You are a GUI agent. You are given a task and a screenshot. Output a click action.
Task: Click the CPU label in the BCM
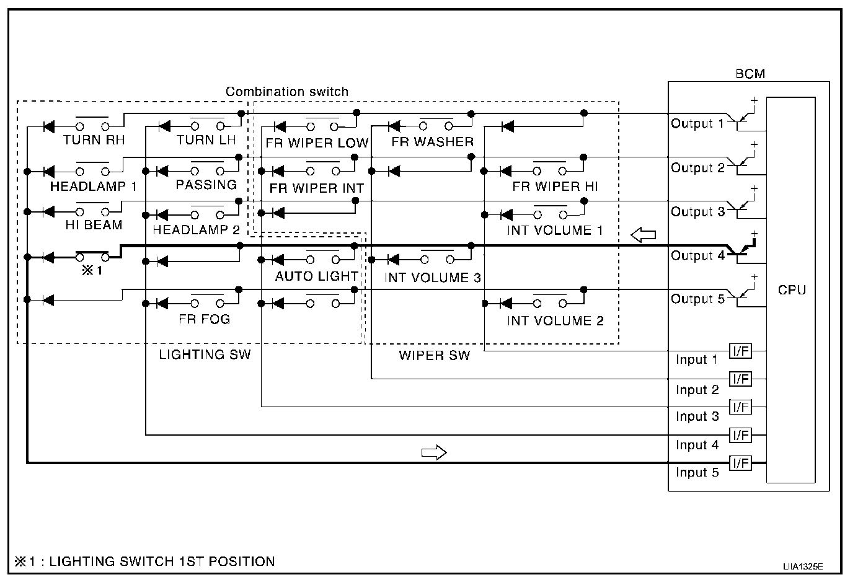(x=792, y=290)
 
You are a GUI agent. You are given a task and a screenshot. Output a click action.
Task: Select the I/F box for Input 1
(x=740, y=351)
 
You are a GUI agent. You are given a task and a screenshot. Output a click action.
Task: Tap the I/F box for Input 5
(x=740, y=463)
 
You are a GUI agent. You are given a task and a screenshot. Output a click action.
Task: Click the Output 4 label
(x=697, y=255)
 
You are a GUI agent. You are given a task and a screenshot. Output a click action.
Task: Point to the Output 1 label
(x=697, y=123)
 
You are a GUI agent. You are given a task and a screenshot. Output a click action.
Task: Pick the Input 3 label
(x=697, y=416)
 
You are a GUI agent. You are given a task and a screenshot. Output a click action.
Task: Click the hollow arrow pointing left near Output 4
(x=643, y=235)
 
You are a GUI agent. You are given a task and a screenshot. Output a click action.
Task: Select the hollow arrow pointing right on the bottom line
(x=434, y=452)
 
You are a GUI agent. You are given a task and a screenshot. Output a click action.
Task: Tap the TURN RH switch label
(x=94, y=140)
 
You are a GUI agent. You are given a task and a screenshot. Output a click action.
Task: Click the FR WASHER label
(x=432, y=142)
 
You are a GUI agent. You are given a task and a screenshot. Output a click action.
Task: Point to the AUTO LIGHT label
(x=316, y=276)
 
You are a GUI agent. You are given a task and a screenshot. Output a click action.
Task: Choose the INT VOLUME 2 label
(x=555, y=320)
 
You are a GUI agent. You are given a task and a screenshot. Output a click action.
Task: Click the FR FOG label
(x=205, y=319)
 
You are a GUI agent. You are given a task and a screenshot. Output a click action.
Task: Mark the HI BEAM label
(x=94, y=225)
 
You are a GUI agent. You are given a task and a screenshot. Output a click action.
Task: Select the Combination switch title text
(x=287, y=92)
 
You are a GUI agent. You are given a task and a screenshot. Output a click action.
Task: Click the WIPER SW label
(x=434, y=356)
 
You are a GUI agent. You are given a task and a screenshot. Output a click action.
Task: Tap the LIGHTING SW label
(x=205, y=354)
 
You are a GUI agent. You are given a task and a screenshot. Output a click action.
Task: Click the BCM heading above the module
(x=750, y=74)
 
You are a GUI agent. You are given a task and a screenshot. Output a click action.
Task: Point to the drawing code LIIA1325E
(x=802, y=566)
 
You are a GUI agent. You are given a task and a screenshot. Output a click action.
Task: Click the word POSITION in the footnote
(x=244, y=561)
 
